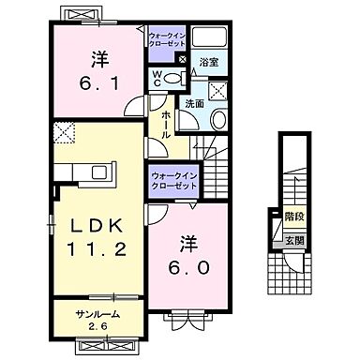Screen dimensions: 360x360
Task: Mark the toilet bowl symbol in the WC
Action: coord(170,80)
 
